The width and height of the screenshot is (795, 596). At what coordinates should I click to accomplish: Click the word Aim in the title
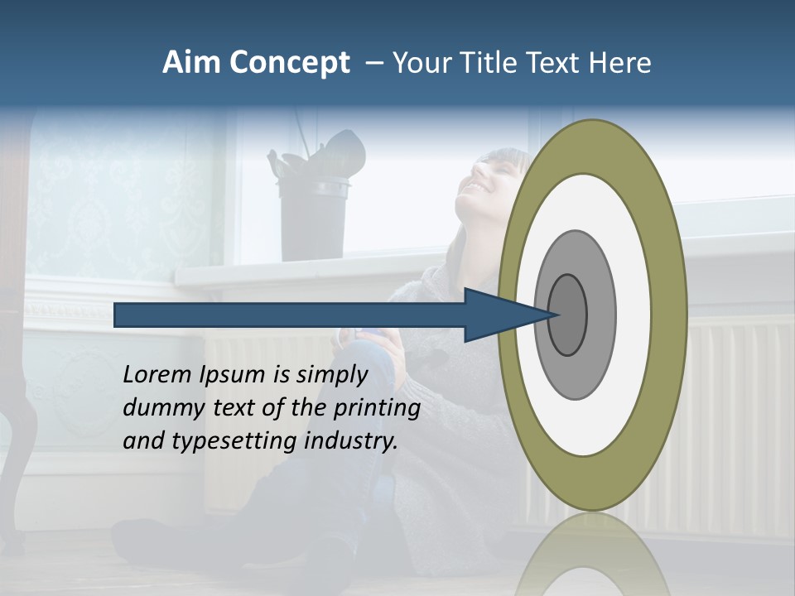click(192, 63)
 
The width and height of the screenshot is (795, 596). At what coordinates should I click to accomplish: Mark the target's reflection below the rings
click(592, 555)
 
